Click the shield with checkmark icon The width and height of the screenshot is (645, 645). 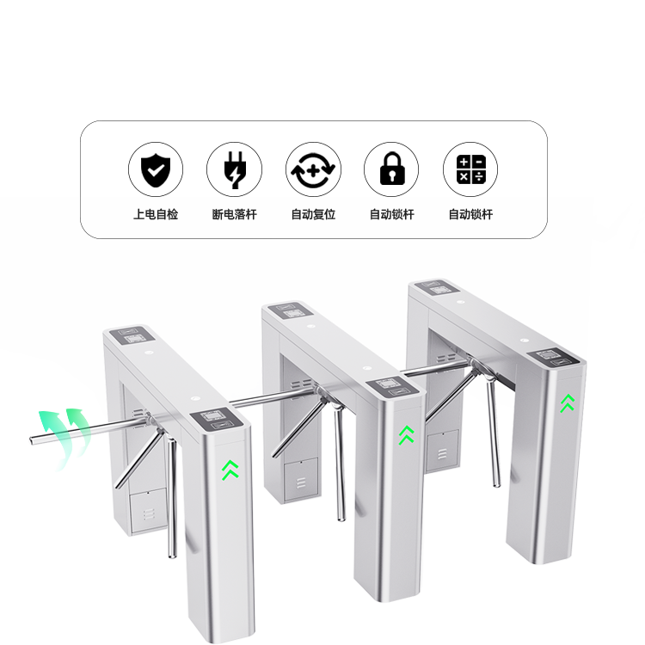pos(156,169)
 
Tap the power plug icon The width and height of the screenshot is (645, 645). pos(235,170)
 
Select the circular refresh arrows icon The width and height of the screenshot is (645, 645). pos(313,169)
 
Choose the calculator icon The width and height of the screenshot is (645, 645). pos(470,169)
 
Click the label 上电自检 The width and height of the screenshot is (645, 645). pos(156,214)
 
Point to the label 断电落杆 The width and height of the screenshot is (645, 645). pos(235,214)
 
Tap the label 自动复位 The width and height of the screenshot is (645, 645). pos(313,214)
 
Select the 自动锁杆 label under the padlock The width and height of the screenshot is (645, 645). pos(391,214)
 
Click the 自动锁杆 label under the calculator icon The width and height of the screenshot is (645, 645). pos(470,214)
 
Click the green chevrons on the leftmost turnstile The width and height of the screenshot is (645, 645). pos(230,470)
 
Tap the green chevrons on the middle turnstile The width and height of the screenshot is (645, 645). pos(407,435)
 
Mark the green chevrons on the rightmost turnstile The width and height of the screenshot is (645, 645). pos(568,403)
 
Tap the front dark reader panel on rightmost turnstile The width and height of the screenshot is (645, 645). pos(553,357)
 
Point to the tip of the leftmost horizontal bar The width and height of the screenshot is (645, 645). pos(31,440)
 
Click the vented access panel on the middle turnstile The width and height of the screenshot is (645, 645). pos(302,480)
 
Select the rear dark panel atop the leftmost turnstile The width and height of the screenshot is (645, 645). pos(132,335)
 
